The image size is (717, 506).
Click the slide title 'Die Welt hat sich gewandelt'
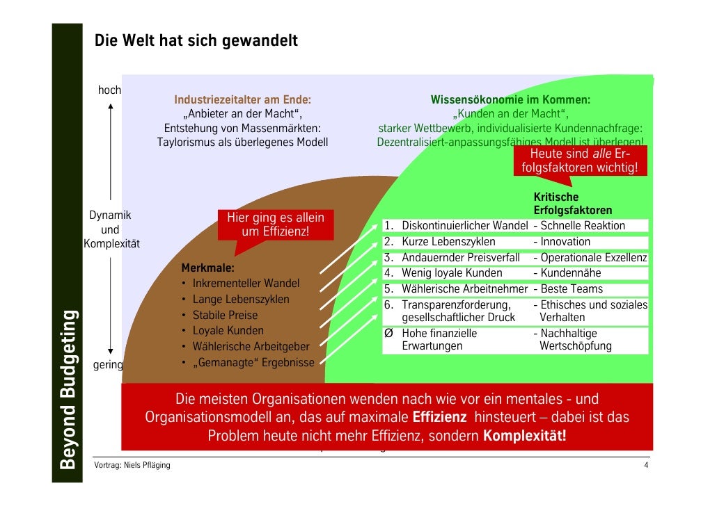coord(196,41)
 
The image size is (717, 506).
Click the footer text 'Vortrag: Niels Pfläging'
coord(132,466)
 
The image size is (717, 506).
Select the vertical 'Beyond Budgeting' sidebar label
coord(68,390)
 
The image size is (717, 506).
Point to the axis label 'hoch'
coord(110,90)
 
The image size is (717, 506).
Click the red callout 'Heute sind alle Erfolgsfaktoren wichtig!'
coord(579,161)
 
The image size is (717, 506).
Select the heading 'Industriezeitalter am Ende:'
coord(242,99)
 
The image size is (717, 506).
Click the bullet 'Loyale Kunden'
coord(228,331)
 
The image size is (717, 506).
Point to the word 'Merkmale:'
coord(207,268)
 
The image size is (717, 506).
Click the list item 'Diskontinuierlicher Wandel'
coord(464,226)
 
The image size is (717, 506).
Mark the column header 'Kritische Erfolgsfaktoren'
coord(572,204)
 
